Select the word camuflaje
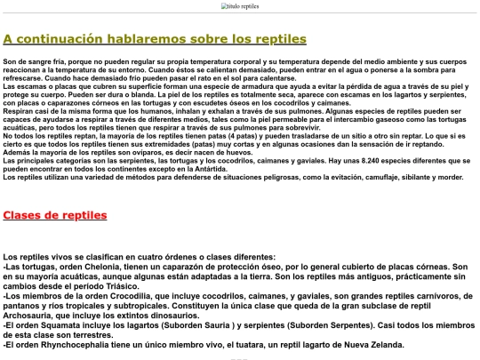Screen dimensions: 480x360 380,177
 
